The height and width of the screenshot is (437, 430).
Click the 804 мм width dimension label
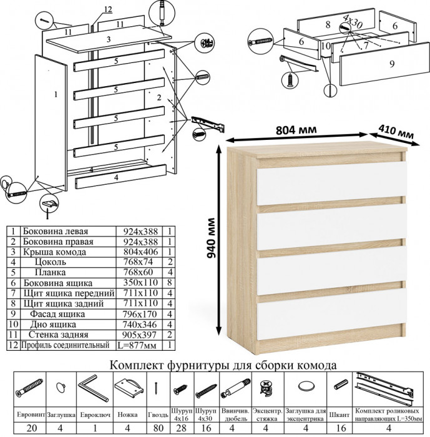coord(295,130)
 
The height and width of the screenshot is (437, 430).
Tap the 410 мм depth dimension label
coord(397,133)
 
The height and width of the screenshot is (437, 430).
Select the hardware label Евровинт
coord(30,414)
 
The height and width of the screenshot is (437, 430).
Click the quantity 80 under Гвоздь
coord(159,428)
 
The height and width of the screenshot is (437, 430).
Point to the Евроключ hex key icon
coord(94,388)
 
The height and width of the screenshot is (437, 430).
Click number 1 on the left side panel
coord(56,95)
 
